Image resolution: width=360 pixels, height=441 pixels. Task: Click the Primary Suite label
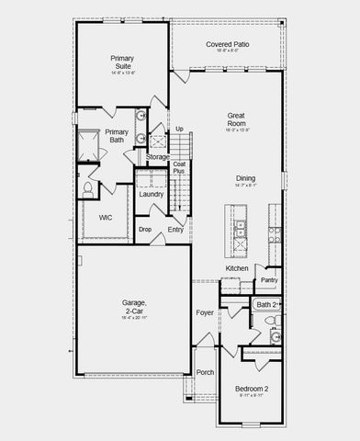point(123,62)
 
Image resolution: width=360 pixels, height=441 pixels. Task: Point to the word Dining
point(245,178)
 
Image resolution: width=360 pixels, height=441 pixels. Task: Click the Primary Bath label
point(116,136)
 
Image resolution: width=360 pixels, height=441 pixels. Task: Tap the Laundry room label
point(152,194)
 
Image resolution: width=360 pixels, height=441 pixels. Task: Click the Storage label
point(157,157)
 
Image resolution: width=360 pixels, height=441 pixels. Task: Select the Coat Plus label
point(179,168)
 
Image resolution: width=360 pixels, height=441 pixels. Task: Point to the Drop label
point(145,229)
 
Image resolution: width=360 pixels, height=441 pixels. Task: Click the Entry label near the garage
point(175,230)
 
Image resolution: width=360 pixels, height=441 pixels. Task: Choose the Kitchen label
point(237,268)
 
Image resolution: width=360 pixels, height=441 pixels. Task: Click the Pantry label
point(269,280)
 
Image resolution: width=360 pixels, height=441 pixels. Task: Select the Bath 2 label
point(266,304)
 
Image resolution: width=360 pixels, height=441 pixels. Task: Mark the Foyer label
point(205,312)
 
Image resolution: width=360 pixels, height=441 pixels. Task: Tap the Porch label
point(205,373)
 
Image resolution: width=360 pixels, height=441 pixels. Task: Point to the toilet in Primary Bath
point(89,188)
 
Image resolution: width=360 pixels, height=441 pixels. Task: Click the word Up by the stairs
point(179,129)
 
